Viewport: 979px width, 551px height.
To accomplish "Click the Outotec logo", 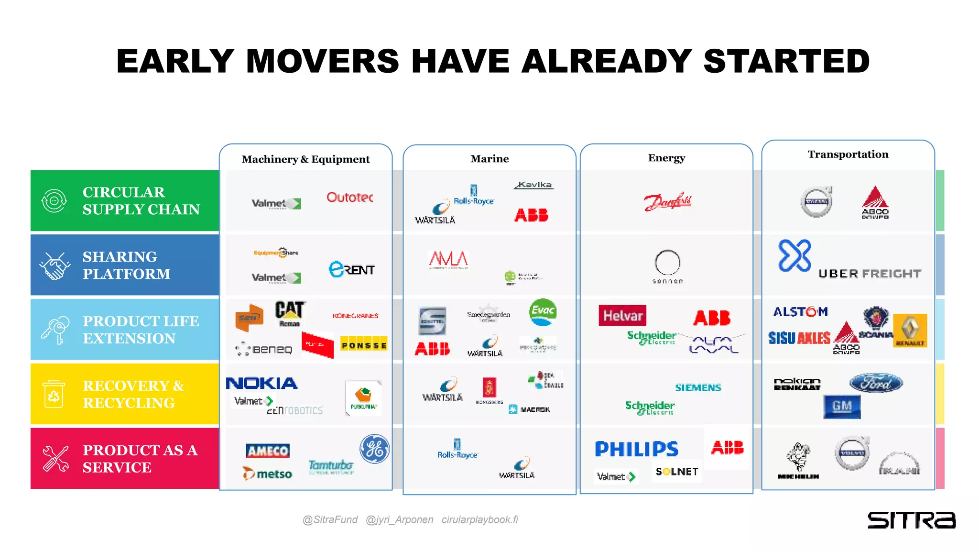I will [349, 197].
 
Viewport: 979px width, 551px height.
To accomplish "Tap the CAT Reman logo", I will [290, 313].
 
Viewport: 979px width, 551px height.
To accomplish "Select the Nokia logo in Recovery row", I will [261, 383].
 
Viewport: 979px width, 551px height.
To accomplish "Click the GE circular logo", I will [374, 449].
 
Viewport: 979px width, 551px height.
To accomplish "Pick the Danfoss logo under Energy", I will [667, 201].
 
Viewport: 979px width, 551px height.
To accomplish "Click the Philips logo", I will [636, 449].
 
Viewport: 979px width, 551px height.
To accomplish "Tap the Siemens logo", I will [698, 387].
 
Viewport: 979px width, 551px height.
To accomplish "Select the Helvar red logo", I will [622, 316].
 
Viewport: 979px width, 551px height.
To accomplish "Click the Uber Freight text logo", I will [870, 274].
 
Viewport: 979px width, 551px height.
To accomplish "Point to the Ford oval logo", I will [876, 383].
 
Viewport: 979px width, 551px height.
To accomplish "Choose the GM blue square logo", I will [842, 407].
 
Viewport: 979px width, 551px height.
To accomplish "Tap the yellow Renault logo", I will [910, 330].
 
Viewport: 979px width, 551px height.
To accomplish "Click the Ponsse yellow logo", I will [364, 345].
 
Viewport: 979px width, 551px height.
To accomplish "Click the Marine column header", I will [489, 159].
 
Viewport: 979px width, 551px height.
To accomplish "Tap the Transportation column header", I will [848, 154].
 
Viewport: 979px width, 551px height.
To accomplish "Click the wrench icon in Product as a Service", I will [55, 459].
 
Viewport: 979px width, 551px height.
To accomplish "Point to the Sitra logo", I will [911, 520].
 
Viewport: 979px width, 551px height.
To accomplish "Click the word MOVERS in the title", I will [322, 61].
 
